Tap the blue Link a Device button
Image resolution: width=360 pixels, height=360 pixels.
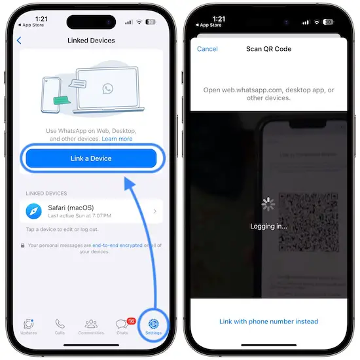91,158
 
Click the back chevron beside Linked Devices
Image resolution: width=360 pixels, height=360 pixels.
19,41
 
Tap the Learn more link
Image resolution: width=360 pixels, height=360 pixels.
117,139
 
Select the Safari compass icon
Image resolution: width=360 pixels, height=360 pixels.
34,211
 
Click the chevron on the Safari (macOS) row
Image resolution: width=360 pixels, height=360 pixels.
155,211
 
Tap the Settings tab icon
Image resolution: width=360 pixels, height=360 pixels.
153,324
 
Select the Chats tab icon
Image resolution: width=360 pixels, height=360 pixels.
122,324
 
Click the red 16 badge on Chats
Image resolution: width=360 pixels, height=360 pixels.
131,321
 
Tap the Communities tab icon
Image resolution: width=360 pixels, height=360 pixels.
91,324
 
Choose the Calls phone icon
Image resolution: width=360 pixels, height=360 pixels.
60,324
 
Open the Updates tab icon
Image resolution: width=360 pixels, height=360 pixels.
29,324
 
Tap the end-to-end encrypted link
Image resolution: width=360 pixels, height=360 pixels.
117,245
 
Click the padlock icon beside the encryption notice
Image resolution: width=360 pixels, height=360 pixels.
22,245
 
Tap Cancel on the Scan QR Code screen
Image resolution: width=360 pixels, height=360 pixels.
207,49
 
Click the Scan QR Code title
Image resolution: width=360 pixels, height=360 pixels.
268,49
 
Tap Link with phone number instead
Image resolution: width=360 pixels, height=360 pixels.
268,321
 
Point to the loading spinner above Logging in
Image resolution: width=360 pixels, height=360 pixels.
268,204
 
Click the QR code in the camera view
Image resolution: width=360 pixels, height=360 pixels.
309,223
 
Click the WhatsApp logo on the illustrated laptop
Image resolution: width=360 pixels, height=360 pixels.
108,88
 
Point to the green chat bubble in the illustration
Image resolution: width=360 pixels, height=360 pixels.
62,100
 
